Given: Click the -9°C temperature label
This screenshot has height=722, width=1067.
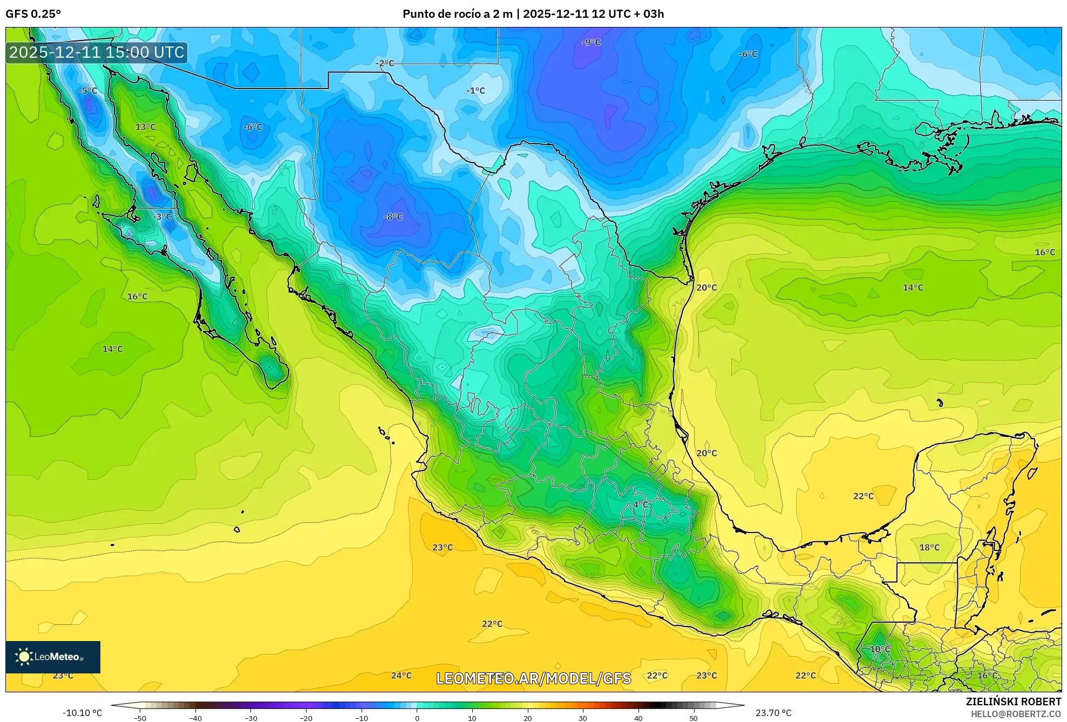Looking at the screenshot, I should [591, 42].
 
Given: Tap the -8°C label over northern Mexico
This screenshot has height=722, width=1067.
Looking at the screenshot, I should [393, 217].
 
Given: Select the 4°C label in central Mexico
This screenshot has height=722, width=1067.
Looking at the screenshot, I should [641, 505].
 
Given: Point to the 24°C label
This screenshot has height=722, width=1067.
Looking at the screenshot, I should [401, 676].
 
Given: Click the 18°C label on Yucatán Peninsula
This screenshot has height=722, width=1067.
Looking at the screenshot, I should [929, 547].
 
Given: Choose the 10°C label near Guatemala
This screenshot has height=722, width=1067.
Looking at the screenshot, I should [880, 649].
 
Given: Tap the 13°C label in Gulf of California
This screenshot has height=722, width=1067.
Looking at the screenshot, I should [145, 127].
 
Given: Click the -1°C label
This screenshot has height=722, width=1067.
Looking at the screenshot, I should [475, 91].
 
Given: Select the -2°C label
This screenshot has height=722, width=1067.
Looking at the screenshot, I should [385, 63].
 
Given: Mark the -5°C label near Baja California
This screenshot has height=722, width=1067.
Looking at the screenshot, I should [87, 91].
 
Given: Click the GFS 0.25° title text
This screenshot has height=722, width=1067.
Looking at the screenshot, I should [33, 14].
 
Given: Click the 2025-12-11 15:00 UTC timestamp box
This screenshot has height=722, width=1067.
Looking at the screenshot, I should [97, 52].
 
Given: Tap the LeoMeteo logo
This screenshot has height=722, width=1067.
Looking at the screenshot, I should [53, 657].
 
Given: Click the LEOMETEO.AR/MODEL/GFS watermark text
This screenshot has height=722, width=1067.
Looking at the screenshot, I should [533, 678].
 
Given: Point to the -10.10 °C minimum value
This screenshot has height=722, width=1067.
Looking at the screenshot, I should [82, 713].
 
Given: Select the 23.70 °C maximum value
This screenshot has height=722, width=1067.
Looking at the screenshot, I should [773, 713].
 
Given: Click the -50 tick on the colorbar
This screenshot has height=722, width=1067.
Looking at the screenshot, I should [139, 718].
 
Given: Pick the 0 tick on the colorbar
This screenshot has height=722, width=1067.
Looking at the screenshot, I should [417, 718].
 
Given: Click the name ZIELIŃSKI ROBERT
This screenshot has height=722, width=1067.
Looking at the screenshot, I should [1013, 701].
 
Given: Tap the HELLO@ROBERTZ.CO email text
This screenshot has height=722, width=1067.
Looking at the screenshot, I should [1016, 714].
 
